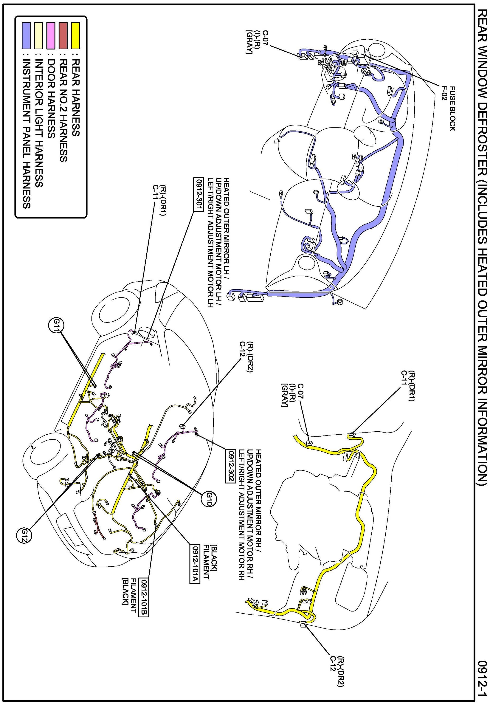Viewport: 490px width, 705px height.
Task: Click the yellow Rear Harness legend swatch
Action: coord(75,35)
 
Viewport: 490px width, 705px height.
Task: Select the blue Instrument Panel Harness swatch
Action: coord(26,35)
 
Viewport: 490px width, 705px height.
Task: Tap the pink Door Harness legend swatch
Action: coord(51,35)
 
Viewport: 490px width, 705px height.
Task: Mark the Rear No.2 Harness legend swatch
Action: coord(63,35)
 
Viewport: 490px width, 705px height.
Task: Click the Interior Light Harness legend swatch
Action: coord(38,35)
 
